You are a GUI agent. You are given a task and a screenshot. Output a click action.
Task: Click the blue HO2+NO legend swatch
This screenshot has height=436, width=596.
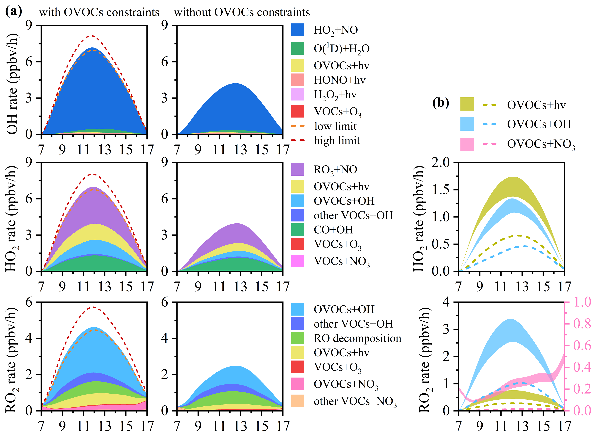click(x=297, y=30)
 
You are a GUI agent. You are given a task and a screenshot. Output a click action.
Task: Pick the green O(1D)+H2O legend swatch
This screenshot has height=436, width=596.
click(x=297, y=48)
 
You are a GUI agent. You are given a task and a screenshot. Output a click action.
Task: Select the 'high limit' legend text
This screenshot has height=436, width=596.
click(x=337, y=140)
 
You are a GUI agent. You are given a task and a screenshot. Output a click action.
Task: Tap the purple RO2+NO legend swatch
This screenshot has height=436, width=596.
click(x=297, y=170)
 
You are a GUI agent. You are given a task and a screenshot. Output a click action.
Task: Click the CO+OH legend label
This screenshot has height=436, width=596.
click(x=333, y=230)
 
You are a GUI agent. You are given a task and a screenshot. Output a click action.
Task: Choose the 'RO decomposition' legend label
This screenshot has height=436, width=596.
click(x=357, y=338)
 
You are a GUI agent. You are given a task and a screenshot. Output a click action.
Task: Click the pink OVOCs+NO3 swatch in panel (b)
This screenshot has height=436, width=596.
click(x=467, y=144)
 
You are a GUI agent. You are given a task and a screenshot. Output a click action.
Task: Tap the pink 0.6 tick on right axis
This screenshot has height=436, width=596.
click(x=582, y=346)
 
